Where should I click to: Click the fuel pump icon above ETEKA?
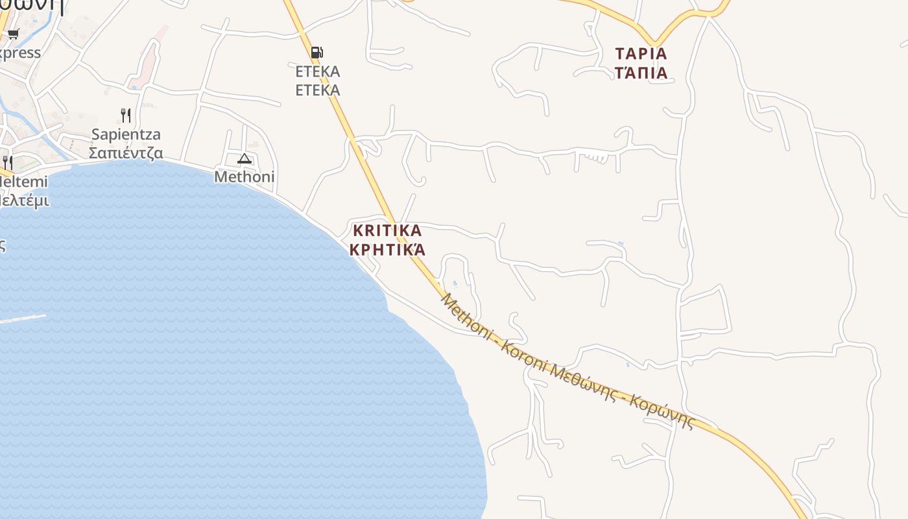(x=317, y=53)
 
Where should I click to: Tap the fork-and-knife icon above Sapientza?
(x=126, y=115)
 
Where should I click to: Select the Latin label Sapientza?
(x=126, y=134)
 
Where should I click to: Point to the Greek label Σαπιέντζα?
(x=126, y=153)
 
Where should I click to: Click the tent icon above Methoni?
(x=244, y=158)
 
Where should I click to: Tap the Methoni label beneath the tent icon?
(x=245, y=176)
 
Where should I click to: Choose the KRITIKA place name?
(x=387, y=230)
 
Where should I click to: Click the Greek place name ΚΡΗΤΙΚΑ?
(x=387, y=250)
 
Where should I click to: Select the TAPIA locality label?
(x=641, y=53)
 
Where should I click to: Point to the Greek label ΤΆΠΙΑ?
(x=641, y=73)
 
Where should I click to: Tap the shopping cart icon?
(x=13, y=34)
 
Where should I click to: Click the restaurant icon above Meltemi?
(x=7, y=162)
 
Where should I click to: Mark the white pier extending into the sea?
(x=23, y=319)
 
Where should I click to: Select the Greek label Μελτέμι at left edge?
(x=23, y=200)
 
